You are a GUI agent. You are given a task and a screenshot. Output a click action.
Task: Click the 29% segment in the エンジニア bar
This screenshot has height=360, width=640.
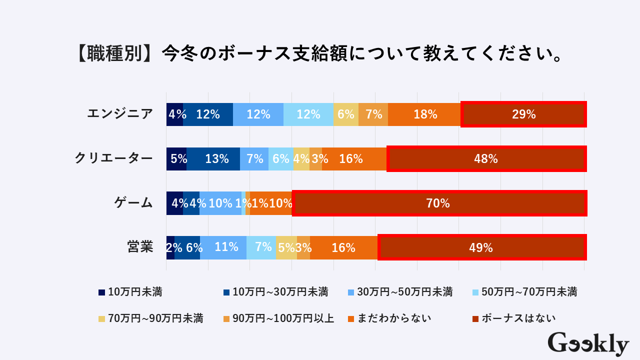[x=523, y=114]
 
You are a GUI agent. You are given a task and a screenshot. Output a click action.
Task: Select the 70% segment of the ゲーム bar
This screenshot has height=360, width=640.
[x=438, y=203]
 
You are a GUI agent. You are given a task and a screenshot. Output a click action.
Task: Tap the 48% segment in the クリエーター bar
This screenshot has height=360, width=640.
[x=486, y=159]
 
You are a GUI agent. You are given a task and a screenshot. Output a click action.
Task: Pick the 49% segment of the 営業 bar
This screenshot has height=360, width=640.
[x=481, y=247]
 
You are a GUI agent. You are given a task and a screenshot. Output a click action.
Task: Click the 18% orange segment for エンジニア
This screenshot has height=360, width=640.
[x=425, y=114]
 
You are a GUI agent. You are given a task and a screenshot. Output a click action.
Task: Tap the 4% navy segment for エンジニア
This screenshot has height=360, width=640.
[x=175, y=114]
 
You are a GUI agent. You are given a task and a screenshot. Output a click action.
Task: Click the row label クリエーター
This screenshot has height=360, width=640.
[x=113, y=158]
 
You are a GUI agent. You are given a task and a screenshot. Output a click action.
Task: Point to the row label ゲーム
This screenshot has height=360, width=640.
[x=133, y=202]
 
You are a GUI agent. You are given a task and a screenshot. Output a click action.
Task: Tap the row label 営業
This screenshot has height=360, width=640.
[x=140, y=247]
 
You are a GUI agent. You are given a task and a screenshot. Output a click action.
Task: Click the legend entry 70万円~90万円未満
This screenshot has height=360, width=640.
[x=150, y=318]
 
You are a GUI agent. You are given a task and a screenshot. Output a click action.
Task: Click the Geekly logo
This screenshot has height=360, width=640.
[x=588, y=344]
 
